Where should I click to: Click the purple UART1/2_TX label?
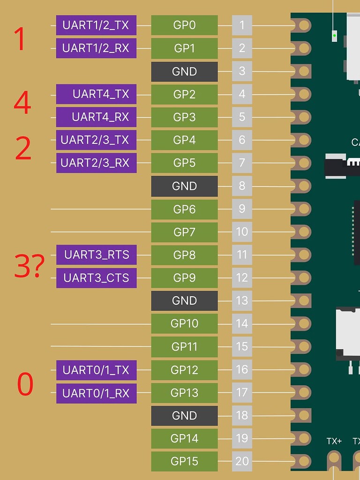pos(96,25)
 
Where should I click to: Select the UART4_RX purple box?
pos(96,117)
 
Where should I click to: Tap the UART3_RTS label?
pos(96,255)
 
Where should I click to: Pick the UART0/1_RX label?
pos(96,393)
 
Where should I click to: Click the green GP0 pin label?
pos(184,25)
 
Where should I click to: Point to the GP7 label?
pos(184,232)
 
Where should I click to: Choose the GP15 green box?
pos(184,462)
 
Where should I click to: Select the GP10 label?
pos(184,324)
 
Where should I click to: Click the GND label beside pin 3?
pos(184,72)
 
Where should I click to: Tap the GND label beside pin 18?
pos(184,416)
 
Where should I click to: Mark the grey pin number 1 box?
pos(242,25)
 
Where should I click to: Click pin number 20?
pos(242,462)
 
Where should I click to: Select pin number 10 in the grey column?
pos(242,232)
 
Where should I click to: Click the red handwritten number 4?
pos(22,103)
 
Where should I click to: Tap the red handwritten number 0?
pos(25,383)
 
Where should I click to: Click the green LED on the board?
pos(334,35)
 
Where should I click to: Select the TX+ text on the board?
pos(334,441)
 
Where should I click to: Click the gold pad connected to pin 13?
pos(304,301)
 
